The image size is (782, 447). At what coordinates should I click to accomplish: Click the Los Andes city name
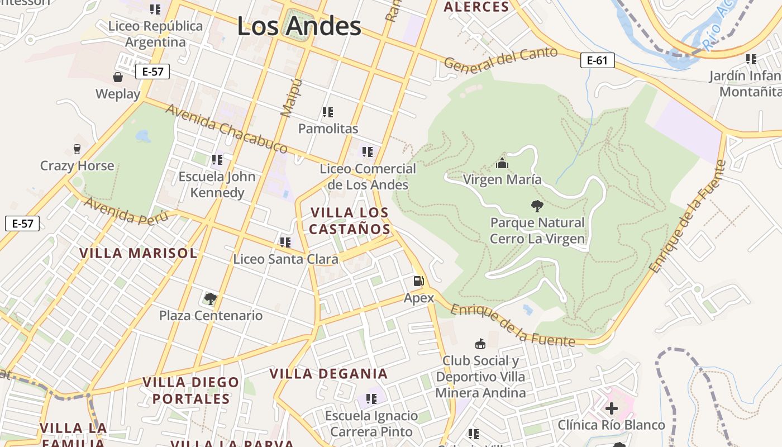[299, 26]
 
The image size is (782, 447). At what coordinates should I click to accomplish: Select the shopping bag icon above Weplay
[118, 77]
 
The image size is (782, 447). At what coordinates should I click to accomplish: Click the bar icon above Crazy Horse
[77, 149]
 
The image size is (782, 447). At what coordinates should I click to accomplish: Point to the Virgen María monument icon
[502, 163]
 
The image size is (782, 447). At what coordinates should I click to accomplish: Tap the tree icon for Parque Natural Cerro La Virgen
[537, 206]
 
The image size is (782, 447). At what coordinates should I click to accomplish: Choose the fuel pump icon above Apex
[418, 281]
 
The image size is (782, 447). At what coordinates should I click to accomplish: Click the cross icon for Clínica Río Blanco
[612, 408]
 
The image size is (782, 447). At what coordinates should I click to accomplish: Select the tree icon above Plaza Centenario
[210, 298]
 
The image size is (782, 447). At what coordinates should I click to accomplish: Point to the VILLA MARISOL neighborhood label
[138, 253]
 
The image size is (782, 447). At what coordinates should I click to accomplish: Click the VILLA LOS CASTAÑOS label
[350, 221]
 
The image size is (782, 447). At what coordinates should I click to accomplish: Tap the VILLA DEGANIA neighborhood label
[328, 374]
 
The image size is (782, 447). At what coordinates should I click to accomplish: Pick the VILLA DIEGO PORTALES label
[191, 391]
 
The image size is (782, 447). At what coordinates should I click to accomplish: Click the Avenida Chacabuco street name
[226, 129]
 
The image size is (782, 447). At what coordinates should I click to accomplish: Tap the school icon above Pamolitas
[328, 112]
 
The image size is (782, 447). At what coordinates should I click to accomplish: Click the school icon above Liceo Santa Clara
[285, 242]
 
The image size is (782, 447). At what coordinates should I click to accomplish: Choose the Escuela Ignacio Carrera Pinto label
[371, 424]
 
